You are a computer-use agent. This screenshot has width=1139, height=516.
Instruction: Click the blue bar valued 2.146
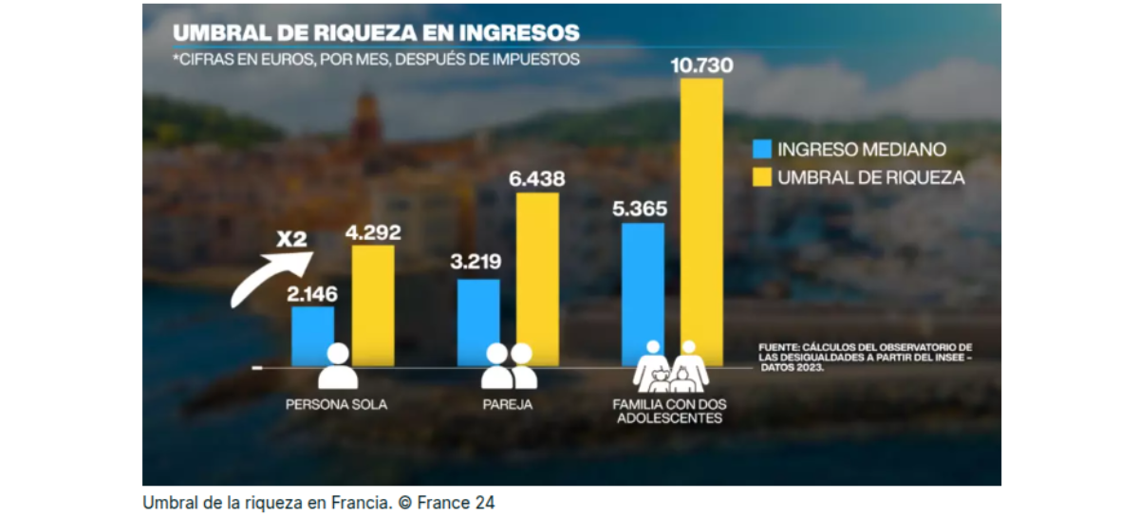312,336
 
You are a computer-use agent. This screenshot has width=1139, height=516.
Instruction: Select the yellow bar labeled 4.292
373,305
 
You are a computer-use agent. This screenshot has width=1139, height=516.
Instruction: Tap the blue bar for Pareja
478,322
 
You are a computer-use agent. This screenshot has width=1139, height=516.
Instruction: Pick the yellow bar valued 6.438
537,279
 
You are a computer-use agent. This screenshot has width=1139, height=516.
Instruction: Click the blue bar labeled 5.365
643,294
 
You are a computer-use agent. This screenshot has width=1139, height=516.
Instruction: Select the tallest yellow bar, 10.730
701,222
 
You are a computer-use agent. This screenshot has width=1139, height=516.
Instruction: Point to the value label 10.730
701,65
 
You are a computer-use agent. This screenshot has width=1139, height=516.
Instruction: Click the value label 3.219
476,261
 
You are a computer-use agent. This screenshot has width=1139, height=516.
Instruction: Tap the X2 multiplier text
292,239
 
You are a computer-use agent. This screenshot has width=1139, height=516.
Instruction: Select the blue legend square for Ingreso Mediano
761,149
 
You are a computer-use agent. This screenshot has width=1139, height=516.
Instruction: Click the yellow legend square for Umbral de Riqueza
761,177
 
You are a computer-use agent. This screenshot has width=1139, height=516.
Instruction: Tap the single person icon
338,366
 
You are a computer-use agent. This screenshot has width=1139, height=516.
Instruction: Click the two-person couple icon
509,366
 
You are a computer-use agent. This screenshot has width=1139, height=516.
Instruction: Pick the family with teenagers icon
671,366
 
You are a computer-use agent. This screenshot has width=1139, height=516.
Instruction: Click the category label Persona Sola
336,405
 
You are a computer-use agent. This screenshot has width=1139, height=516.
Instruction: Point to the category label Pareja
508,405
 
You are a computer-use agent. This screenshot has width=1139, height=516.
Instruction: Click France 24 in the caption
456,503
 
